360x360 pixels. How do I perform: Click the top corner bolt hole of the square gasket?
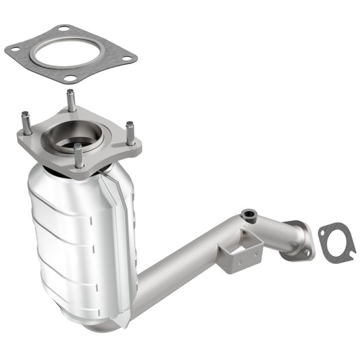64,29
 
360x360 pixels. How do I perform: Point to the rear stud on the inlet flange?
71,100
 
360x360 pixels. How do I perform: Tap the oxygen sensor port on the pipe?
249,215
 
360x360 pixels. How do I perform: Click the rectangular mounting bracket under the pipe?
239,251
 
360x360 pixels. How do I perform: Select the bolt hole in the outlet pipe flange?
307,252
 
